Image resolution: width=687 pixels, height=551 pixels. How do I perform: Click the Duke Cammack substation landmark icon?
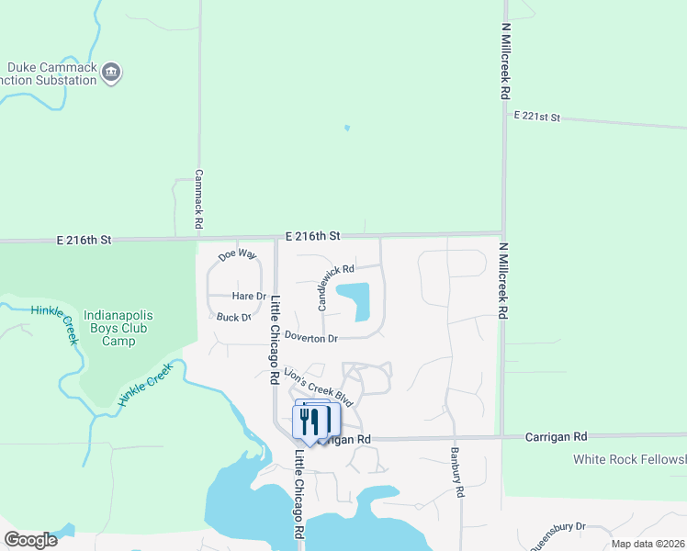click(112, 72)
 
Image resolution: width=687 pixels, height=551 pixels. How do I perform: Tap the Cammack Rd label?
click(198, 199)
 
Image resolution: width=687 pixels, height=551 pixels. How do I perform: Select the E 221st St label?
click(536, 118)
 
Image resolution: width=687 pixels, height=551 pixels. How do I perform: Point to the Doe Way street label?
click(237, 254)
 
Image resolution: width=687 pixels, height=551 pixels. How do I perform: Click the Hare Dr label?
click(248, 296)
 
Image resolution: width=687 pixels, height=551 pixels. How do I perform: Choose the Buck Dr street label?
click(233, 317)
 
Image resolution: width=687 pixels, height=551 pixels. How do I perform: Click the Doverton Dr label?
click(310, 338)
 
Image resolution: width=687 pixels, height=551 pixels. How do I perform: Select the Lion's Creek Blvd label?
click(319, 387)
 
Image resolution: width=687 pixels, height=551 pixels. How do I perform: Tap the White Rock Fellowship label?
click(629, 459)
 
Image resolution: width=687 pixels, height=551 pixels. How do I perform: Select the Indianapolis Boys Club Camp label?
click(118, 328)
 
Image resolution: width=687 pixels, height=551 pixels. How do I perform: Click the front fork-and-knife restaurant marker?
click(307, 422)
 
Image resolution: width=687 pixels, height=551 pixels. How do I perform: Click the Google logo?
click(30, 540)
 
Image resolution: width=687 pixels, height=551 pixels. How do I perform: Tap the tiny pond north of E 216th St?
click(346, 128)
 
